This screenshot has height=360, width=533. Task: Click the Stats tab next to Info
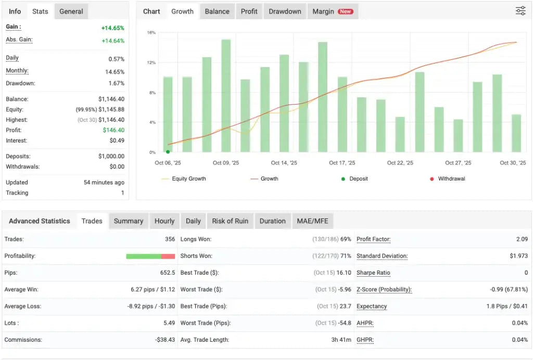point(40,11)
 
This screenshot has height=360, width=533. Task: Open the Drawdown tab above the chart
point(285,11)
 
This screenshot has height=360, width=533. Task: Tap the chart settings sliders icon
point(521,11)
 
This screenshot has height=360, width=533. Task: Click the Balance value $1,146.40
point(111,99)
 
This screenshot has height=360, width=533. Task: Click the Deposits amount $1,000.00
point(111,157)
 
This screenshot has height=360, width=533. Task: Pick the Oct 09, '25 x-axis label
point(226,163)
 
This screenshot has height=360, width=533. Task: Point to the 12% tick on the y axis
point(151,63)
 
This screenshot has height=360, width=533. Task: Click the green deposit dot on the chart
point(168,152)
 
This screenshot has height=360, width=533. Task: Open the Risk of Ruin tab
point(230,221)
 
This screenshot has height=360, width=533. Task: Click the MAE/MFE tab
point(312,221)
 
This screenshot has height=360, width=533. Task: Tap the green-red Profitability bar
point(150,256)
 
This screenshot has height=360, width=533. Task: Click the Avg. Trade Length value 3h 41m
point(340,340)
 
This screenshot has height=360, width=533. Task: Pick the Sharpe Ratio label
point(373,273)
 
